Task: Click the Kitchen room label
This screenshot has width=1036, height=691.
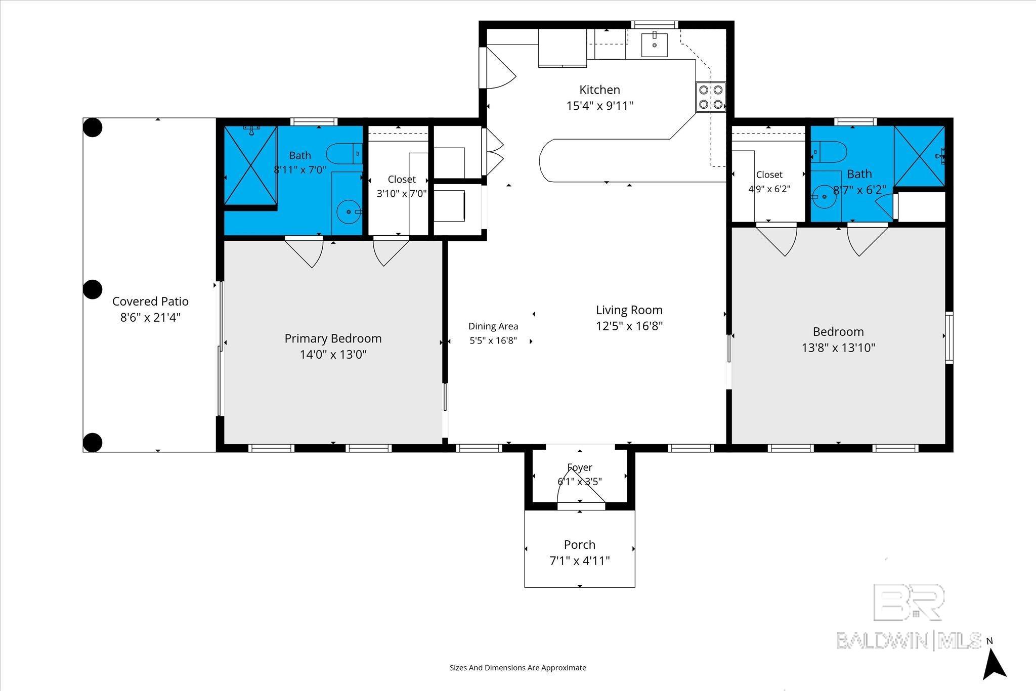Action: pos(599,90)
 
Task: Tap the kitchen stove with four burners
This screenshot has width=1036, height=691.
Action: pos(711,97)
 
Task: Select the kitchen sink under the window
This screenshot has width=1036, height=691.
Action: pos(655,44)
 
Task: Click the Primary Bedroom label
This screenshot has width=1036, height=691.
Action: pos(333,338)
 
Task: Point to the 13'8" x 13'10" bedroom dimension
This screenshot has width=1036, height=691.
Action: pos(838,348)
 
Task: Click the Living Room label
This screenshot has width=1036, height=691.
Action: pos(629,310)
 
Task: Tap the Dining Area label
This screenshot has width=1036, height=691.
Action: pos(493,326)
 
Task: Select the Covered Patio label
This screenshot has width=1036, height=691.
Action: pos(150,301)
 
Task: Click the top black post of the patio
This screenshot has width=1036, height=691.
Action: pos(93,127)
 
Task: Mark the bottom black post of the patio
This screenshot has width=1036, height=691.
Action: pos(93,442)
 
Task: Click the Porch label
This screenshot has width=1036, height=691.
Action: pos(580,545)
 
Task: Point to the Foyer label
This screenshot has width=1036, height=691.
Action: pos(580,467)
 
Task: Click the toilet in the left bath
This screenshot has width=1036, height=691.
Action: pos(344,153)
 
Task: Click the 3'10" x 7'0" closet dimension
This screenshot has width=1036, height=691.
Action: pos(402,193)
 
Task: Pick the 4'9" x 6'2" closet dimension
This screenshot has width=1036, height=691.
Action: pos(769,189)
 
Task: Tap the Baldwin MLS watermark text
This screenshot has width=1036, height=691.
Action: pos(909,640)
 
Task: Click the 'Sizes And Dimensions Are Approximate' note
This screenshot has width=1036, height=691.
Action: pos(518,668)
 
